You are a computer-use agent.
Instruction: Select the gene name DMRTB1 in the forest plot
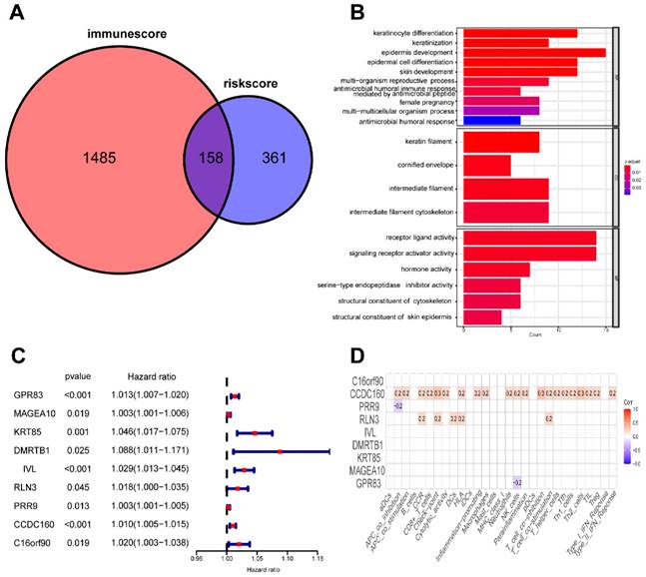tap(31, 451)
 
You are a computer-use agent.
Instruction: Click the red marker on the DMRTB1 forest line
tap(281, 451)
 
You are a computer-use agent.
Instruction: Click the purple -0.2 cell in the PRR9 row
tap(397, 407)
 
